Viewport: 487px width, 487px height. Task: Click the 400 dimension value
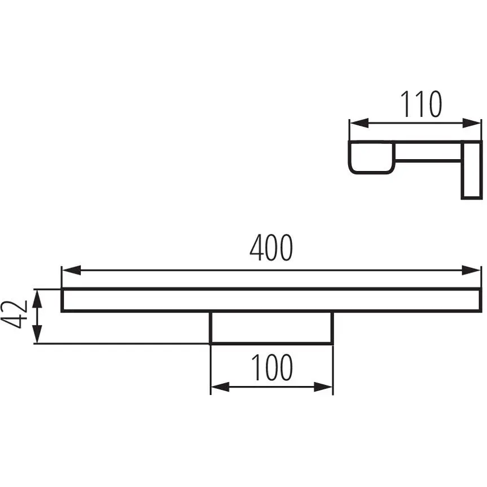pos(271,248)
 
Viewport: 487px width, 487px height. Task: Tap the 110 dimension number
pos(421,104)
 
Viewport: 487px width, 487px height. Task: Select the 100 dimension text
pos(272,367)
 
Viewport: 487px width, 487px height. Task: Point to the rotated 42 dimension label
pos(14,314)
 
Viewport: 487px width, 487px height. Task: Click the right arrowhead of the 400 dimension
pos(471,270)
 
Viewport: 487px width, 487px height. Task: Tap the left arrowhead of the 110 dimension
pos(359,123)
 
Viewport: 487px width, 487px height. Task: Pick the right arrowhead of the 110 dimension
pos(471,123)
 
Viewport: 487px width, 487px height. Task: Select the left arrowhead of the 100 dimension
pos(220,387)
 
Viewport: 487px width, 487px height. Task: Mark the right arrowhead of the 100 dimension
pos(323,387)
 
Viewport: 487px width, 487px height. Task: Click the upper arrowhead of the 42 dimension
pos(37,299)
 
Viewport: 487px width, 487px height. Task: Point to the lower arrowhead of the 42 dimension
pos(37,334)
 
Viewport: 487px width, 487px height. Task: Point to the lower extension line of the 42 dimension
pos(121,344)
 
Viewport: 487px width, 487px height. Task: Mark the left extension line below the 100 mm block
pos(210,370)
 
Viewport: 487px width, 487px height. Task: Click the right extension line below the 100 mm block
pos(333,370)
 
